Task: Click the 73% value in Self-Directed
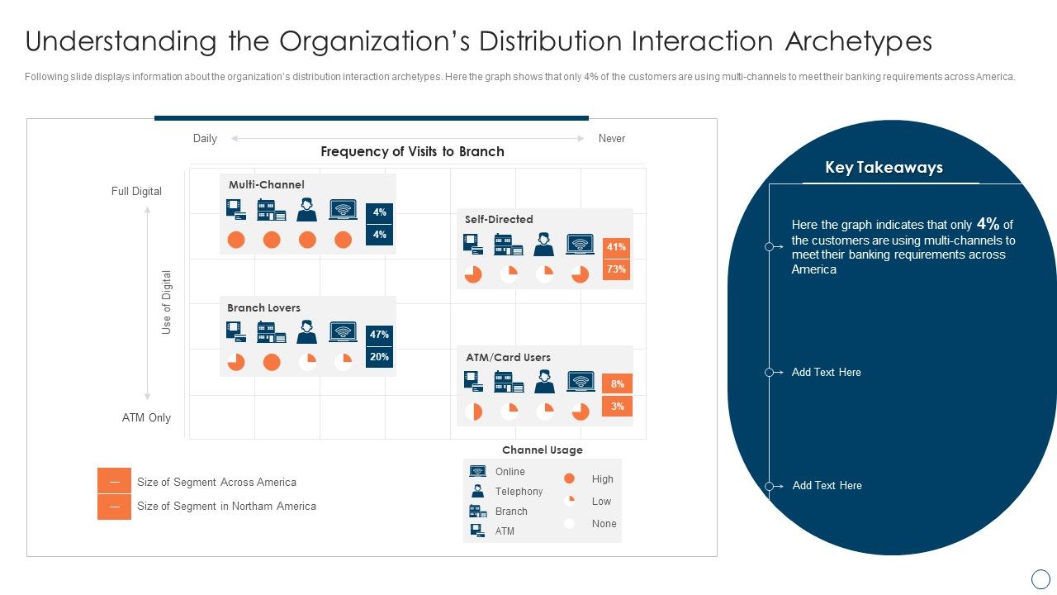[616, 269]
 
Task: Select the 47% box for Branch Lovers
[379, 335]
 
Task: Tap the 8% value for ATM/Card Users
[617, 383]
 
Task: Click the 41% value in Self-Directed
[616, 246]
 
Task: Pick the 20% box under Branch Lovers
[379, 357]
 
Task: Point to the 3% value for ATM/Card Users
[617, 406]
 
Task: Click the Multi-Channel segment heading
[266, 185]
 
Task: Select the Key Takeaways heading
[884, 168]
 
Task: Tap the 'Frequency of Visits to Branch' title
[412, 152]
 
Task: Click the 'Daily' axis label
[205, 139]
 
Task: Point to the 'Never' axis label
[611, 139]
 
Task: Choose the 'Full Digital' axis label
[136, 192]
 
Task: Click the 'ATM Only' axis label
[146, 418]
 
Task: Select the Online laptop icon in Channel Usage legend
[477, 471]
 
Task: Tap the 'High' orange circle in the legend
[569, 478]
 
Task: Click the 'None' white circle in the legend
[569, 523]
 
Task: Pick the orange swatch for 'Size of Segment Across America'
[114, 481]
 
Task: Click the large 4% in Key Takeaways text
[988, 223]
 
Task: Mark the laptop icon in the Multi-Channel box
[343, 210]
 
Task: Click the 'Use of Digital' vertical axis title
[167, 302]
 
